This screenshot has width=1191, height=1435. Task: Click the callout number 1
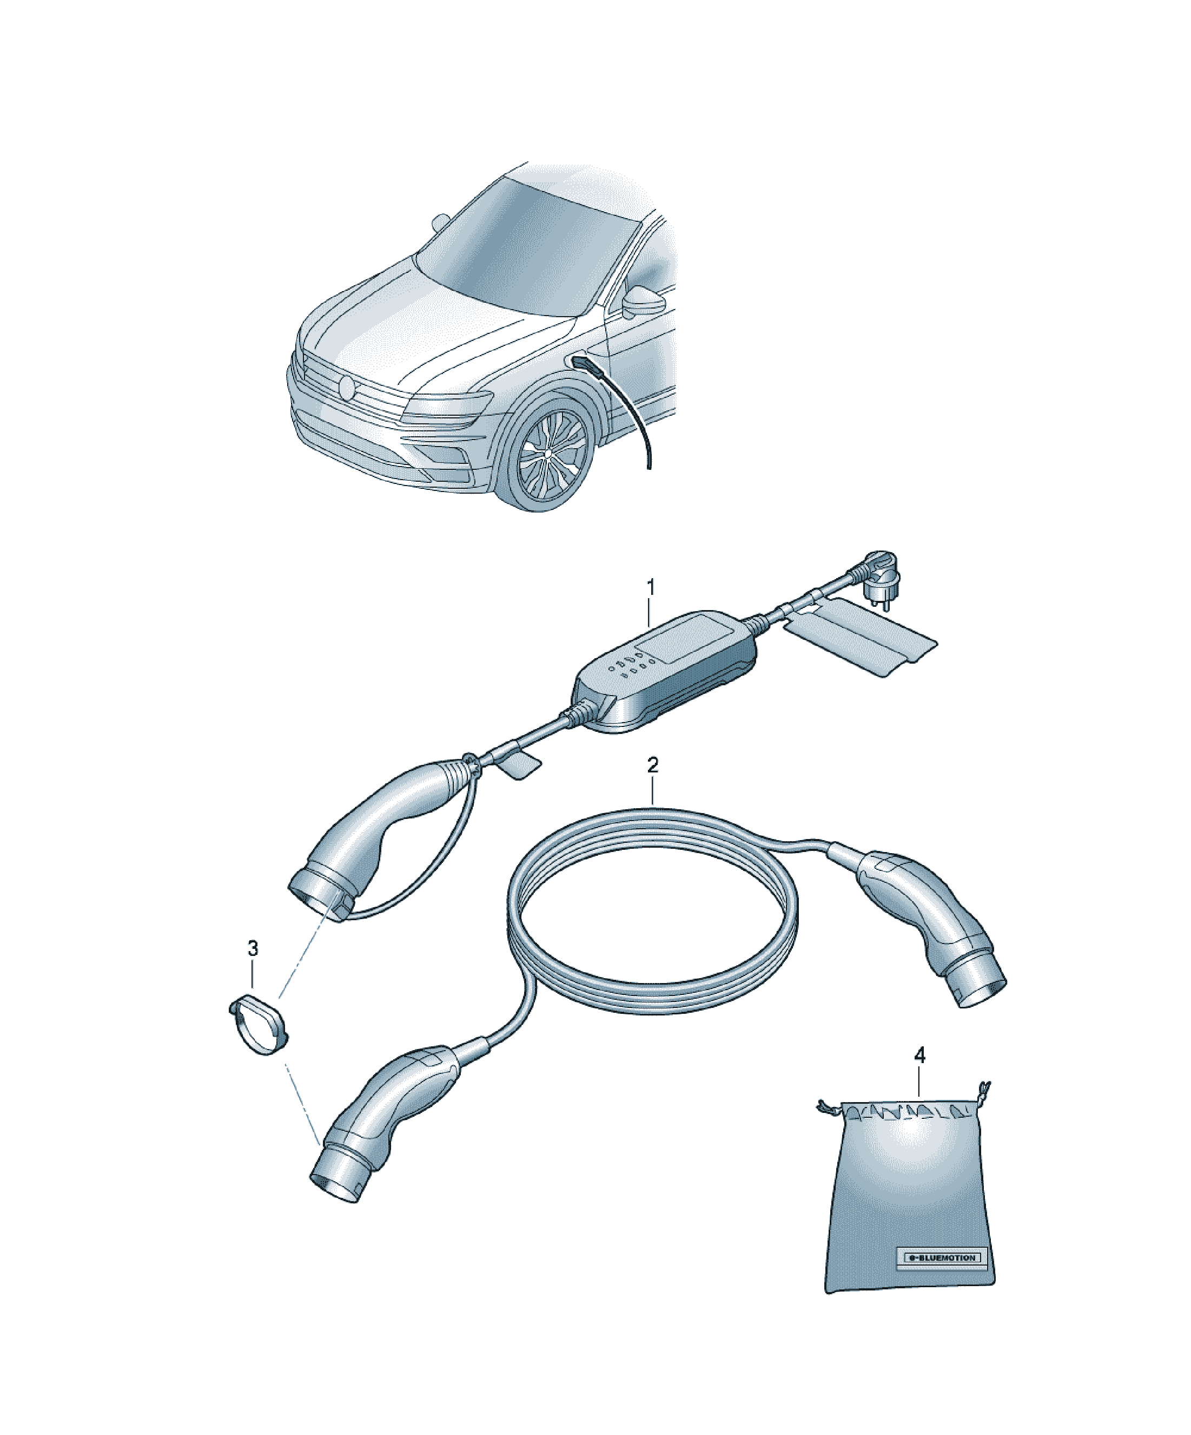tap(650, 587)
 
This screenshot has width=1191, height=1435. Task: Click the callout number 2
tap(653, 765)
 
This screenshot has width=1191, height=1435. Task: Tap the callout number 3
tap(253, 948)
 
